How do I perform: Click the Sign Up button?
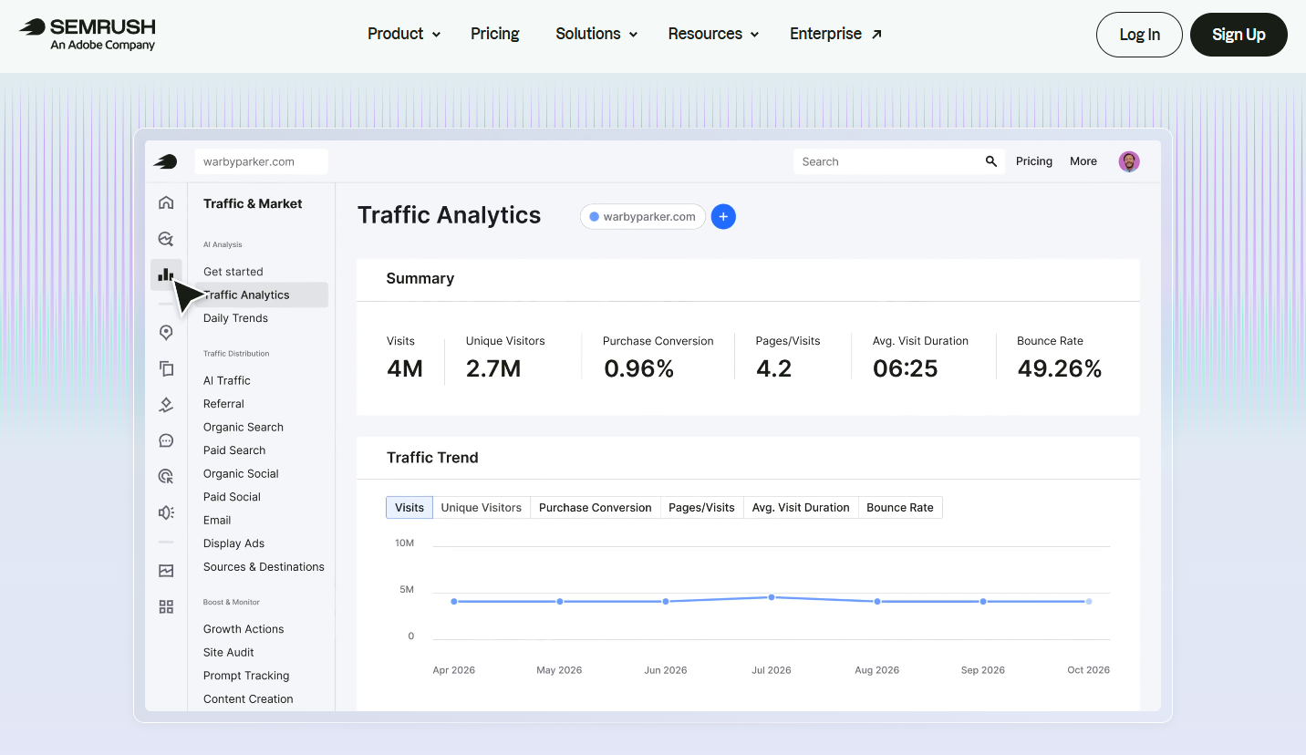point(1239,35)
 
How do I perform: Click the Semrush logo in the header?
point(88,35)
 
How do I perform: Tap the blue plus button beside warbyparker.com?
point(723,217)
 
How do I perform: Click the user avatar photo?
point(1129,161)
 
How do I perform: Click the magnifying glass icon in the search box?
point(990,161)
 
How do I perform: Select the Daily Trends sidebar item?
point(235,317)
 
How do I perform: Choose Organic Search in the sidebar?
point(244,427)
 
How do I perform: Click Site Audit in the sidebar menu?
point(228,652)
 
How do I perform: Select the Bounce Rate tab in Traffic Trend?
point(899,507)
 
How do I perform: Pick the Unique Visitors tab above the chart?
point(481,507)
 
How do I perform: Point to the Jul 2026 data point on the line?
point(772,597)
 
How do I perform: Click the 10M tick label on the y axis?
point(404,543)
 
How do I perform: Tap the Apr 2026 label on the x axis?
point(453,670)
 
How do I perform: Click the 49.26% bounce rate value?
point(1060,368)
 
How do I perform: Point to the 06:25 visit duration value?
point(905,368)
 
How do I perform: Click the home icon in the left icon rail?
point(166,202)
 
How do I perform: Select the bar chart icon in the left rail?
point(166,274)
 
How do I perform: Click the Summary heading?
point(420,279)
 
